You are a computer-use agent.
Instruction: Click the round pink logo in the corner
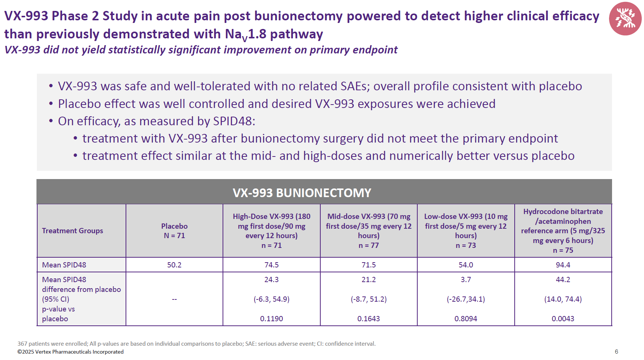click(x=625, y=18)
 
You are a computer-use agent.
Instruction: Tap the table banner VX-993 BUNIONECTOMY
click(x=302, y=193)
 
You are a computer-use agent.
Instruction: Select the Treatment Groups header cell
click(x=73, y=231)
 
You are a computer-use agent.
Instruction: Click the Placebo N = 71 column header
click(x=174, y=231)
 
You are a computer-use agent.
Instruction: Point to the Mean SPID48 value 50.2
click(x=174, y=265)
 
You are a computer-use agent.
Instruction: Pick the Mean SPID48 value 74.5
click(x=271, y=265)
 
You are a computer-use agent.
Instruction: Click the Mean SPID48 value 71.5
click(x=368, y=265)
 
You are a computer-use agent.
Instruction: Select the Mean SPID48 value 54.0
click(x=465, y=265)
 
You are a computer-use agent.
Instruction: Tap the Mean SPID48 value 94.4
click(x=563, y=265)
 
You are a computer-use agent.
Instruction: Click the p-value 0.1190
click(x=271, y=319)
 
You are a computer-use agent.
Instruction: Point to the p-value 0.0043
click(x=563, y=319)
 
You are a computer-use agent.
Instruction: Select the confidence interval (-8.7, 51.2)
click(x=368, y=299)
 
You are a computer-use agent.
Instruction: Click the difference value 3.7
click(x=465, y=279)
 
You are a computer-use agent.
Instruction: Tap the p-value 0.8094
click(x=465, y=319)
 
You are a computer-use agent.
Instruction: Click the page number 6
click(x=616, y=352)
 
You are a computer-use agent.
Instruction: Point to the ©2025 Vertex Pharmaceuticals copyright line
click(x=70, y=352)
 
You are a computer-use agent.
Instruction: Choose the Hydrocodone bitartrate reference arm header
click(x=563, y=231)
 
